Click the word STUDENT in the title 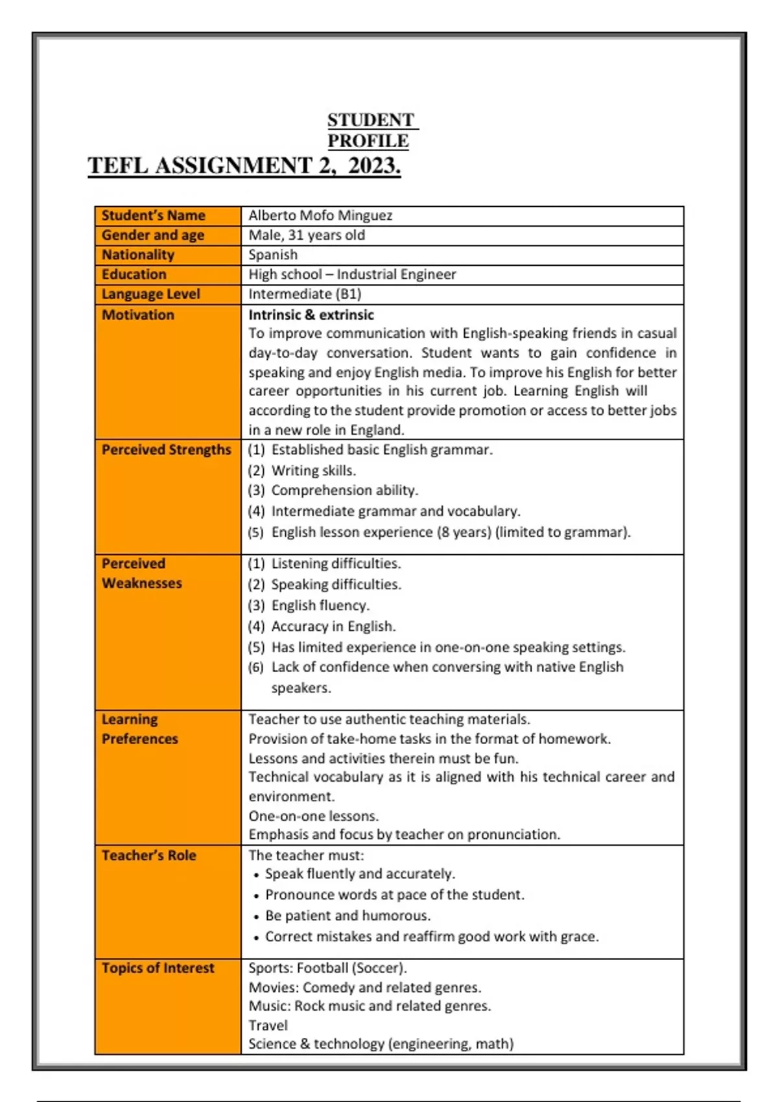370,121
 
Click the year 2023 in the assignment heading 374,166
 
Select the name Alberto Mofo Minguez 320,215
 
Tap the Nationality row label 138,255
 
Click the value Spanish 273,255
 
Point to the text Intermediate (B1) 305,294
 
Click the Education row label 134,274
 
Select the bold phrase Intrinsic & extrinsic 311,315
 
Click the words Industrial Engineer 396,274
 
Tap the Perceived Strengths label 166,450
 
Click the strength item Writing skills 314,471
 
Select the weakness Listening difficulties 336,563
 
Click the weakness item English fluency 320,605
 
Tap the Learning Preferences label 139,729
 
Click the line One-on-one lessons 314,816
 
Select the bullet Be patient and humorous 348,916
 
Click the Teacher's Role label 148,856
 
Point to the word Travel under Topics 268,1026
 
